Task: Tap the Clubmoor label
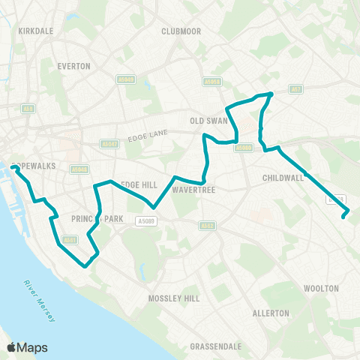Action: click(179, 31)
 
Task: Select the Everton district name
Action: click(74, 66)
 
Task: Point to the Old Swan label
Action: click(208, 119)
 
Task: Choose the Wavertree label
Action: click(194, 190)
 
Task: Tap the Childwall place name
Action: click(283, 178)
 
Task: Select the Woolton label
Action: click(321, 288)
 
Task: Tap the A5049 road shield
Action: click(126, 79)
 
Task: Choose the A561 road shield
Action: click(69, 240)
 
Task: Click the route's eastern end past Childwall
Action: click(344, 217)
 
